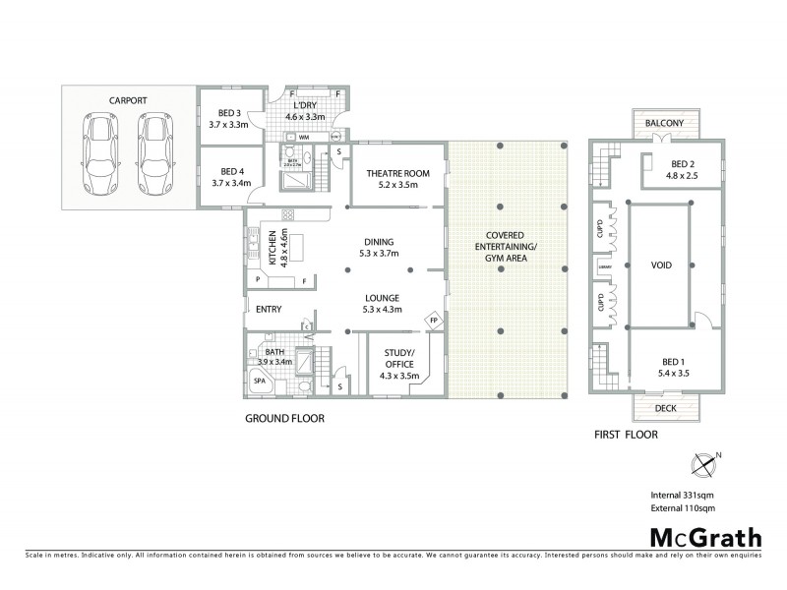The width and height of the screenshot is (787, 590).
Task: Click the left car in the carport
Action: tap(101, 153)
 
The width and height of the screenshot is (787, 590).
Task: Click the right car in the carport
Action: tap(154, 153)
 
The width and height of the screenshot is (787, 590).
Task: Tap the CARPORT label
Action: tap(129, 99)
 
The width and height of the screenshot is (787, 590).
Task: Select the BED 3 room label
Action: tap(228, 113)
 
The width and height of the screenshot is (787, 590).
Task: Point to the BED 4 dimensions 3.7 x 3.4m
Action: tap(230, 182)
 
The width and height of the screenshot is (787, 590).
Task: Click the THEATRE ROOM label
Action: tap(392, 173)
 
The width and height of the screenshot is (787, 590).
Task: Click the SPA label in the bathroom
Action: tap(260, 380)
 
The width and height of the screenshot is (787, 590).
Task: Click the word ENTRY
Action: tap(269, 310)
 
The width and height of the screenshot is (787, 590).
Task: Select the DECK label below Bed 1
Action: tap(665, 408)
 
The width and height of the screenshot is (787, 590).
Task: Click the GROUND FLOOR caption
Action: tap(284, 418)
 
